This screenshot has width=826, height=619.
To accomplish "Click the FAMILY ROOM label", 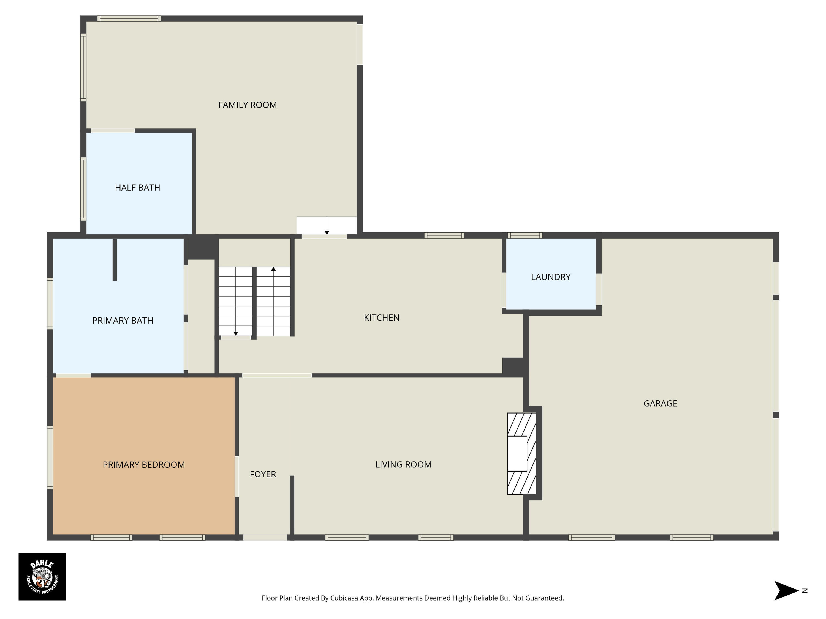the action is tap(248, 105).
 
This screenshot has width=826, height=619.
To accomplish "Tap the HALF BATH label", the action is tap(137, 188).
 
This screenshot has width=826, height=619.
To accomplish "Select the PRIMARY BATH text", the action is tap(123, 321).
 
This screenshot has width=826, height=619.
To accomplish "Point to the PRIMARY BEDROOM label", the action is tap(144, 465).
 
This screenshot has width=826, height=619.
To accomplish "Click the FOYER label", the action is tap(263, 474).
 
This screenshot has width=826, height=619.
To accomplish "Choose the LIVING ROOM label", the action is tap(403, 465).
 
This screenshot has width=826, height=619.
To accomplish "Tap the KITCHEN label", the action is tap(382, 317).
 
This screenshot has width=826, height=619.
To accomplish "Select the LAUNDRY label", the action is tap(551, 277).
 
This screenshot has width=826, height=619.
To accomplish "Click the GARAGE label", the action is tap(660, 403).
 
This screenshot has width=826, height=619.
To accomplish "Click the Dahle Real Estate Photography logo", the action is tap(42, 576).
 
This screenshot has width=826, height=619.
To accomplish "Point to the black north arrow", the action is tap(786, 591).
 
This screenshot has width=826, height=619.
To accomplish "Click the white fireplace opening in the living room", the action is tap(517, 453).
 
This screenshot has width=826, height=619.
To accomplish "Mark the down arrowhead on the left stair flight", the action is tap(236, 333).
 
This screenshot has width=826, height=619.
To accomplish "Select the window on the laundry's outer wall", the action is tap(525, 235).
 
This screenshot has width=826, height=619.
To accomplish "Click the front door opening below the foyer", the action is tap(265, 537).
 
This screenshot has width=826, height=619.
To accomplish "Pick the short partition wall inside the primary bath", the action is tap(115, 260).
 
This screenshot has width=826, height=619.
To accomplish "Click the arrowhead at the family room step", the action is tap(327, 232).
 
